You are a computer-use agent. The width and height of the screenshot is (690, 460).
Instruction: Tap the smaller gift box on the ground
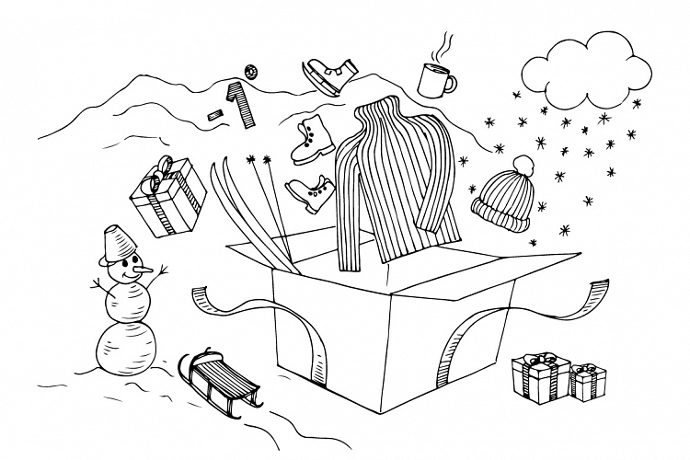point(585,382)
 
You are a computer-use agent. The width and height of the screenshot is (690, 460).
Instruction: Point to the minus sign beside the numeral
point(215,113)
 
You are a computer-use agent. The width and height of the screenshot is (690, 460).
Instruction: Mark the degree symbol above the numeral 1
point(250,72)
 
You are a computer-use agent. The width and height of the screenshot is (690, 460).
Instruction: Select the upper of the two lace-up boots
point(311,138)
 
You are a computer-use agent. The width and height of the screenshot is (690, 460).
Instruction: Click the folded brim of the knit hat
point(500,213)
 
